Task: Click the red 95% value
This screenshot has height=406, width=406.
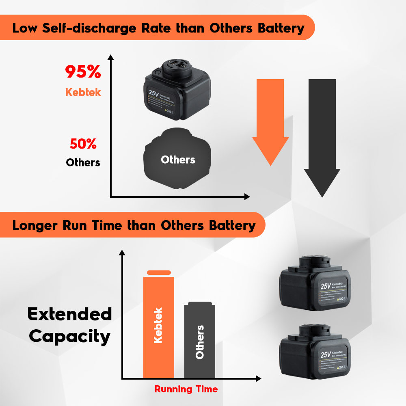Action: (83, 72)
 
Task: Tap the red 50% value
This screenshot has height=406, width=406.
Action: (83, 144)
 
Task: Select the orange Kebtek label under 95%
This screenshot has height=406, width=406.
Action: (83, 92)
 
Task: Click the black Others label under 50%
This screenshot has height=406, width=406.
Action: (83, 162)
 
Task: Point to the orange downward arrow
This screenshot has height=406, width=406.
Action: (270, 122)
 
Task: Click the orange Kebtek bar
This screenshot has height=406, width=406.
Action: (159, 327)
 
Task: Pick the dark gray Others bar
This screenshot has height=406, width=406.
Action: (199, 341)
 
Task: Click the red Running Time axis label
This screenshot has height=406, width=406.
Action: (186, 389)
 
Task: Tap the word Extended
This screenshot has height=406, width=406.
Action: (69, 314)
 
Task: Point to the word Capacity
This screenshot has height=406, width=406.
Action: (69, 336)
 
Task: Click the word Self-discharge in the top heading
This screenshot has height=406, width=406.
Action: (94, 28)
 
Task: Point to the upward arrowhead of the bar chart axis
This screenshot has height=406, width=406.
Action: (121, 253)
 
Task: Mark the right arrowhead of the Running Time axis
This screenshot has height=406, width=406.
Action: (258, 379)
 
